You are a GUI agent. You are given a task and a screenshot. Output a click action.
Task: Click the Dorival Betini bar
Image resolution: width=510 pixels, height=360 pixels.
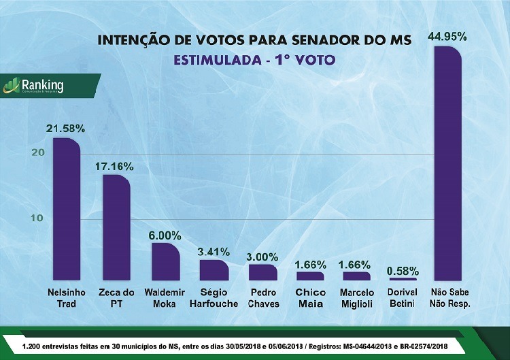(x=402, y=279)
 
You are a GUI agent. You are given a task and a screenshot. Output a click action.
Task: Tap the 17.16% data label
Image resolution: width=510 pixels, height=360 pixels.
(x=114, y=165)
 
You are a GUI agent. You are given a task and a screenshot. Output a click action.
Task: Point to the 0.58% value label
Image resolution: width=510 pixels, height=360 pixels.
(x=403, y=270)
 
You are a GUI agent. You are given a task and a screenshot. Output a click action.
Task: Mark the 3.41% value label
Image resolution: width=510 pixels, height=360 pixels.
(x=214, y=251)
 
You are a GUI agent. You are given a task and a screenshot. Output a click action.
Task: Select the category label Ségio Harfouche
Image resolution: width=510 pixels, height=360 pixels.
(x=214, y=298)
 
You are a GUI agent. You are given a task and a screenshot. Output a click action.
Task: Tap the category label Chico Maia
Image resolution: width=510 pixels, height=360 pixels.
(x=311, y=298)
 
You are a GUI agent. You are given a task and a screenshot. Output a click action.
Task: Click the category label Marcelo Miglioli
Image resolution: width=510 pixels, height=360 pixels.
(x=358, y=298)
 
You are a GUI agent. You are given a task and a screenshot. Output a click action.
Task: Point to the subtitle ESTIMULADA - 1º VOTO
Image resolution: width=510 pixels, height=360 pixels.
(x=255, y=60)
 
